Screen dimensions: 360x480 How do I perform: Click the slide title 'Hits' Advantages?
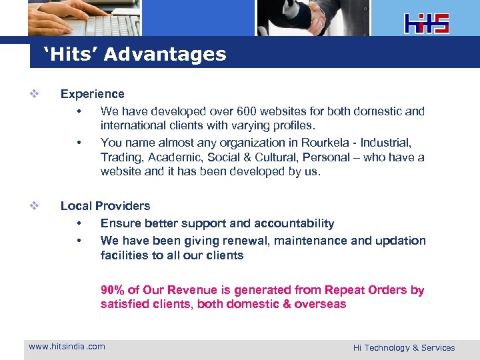[x=135, y=54]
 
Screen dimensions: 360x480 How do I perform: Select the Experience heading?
[x=93, y=94]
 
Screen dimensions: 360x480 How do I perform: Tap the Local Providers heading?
[x=105, y=206]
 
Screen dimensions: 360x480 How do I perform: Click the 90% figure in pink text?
[x=112, y=290]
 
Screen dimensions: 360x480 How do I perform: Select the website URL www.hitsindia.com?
[x=67, y=347]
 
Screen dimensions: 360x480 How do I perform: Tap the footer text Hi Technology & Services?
[x=404, y=347]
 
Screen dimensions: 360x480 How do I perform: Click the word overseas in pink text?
[x=321, y=305]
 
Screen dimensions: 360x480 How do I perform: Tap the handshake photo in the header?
[x=313, y=17]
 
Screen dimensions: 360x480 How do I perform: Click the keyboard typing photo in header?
[x=85, y=17]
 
